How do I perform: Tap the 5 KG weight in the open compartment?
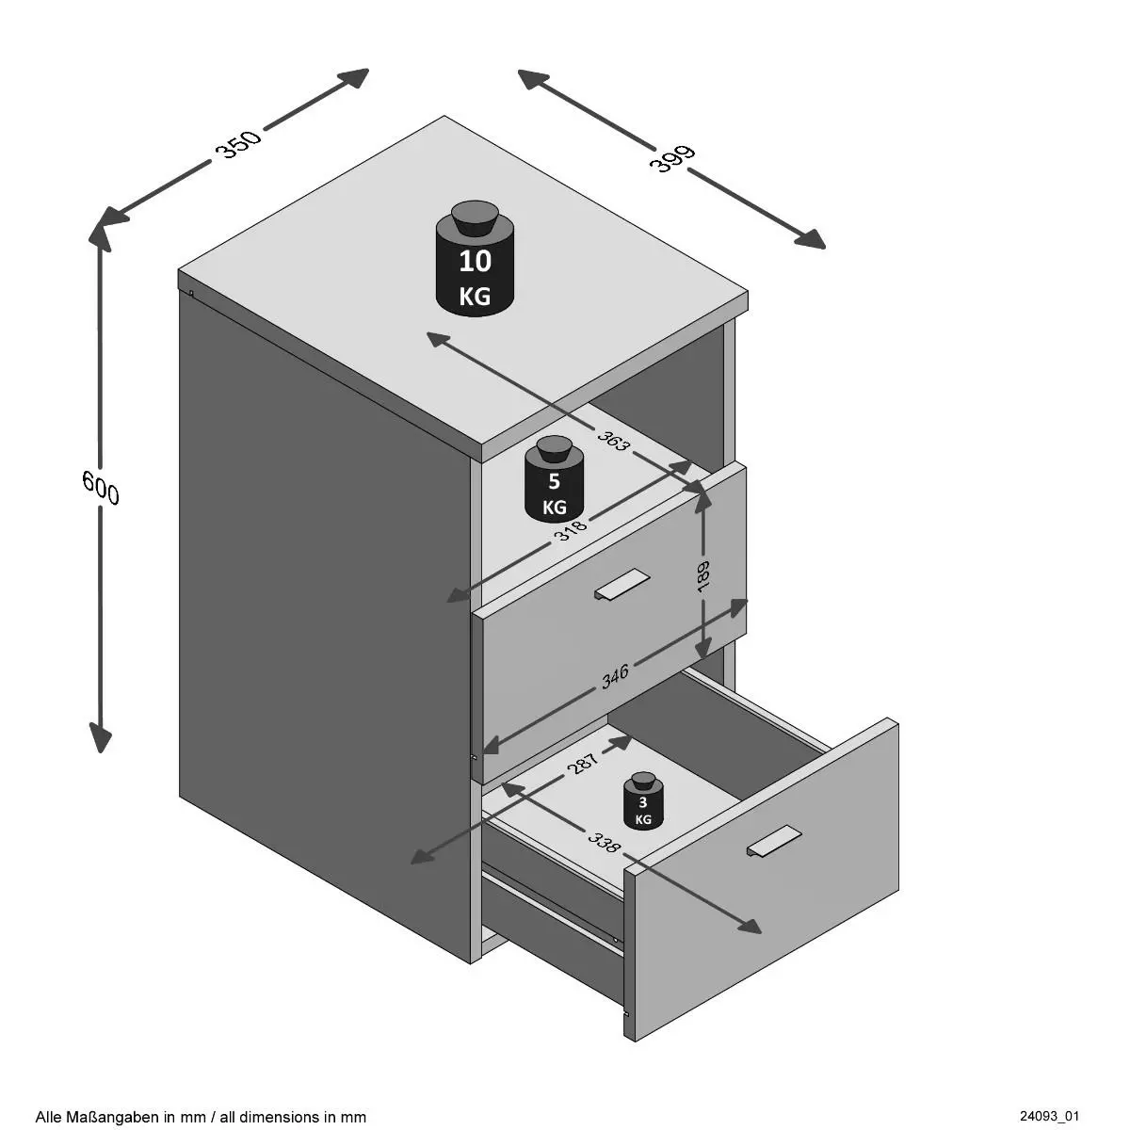click(x=555, y=485)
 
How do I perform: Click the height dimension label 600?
click(x=102, y=487)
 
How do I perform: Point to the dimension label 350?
click(x=237, y=143)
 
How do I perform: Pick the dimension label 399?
click(x=671, y=158)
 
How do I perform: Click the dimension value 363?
click(x=613, y=437)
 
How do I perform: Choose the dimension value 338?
click(x=604, y=841)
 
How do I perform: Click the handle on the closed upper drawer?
click(x=621, y=585)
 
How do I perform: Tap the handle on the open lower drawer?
click(x=774, y=842)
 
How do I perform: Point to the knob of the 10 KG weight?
click(x=476, y=218)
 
